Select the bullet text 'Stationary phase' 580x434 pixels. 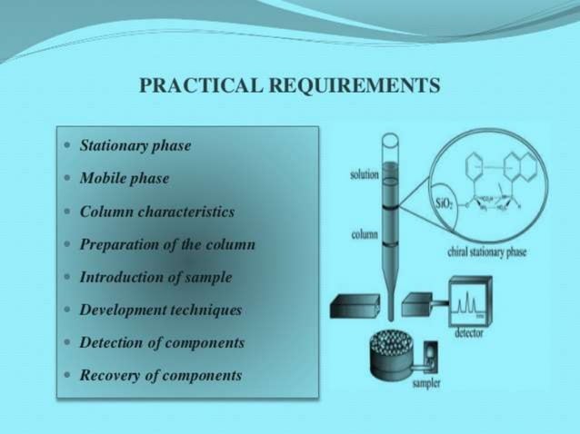135,145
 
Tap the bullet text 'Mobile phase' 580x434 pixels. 125,179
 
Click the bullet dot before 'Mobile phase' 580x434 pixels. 69,179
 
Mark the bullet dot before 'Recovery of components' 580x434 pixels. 69,375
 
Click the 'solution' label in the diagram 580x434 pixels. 365,174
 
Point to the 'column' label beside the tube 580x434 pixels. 365,234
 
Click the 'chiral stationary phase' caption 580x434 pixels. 487,252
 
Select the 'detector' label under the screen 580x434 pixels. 468,333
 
